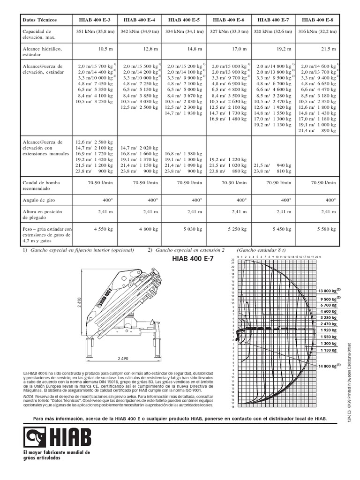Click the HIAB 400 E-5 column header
coord(183,20)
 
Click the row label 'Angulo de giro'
coord(37,199)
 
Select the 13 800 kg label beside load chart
coord(329,291)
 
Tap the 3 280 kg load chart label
coord(328,317)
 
